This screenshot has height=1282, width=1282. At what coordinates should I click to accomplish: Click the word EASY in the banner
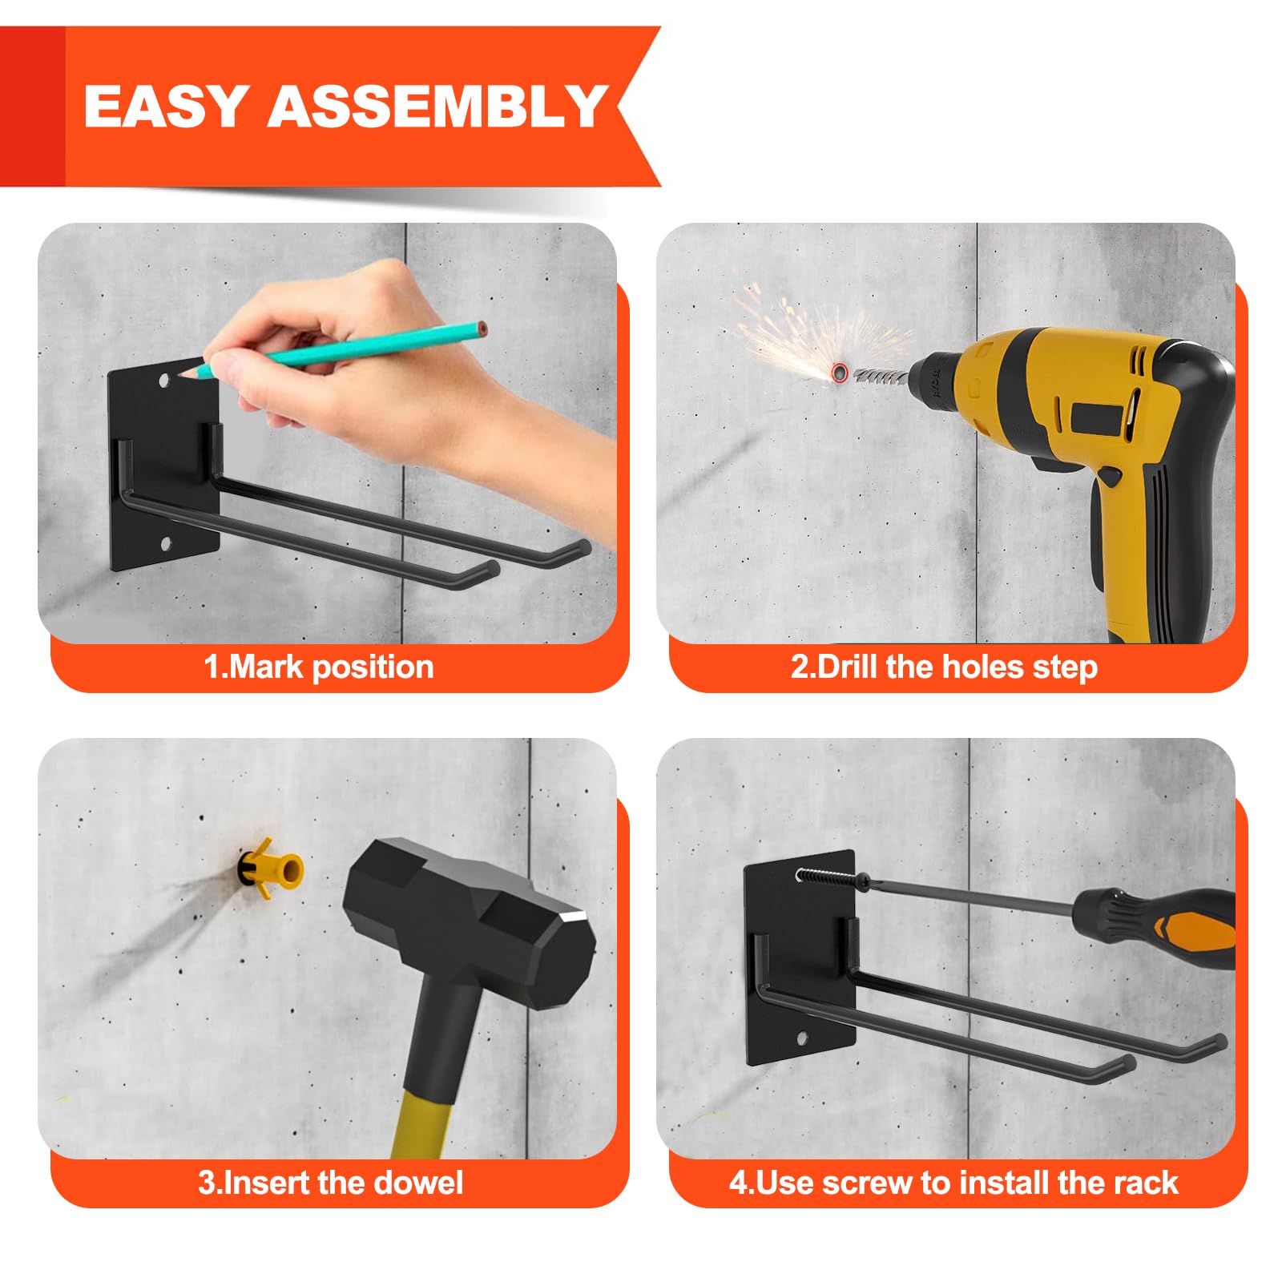[x=164, y=106]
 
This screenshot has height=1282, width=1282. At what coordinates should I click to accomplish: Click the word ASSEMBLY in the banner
[x=437, y=106]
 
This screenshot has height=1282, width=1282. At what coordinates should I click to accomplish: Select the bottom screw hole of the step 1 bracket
[x=167, y=545]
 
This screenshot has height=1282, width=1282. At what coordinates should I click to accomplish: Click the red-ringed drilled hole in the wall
[x=839, y=373]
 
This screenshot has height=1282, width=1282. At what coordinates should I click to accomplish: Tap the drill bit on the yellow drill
[x=880, y=373]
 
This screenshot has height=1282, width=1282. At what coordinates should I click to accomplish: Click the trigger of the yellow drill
[x=1108, y=475]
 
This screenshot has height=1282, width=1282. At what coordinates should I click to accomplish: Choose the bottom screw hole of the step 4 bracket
[x=802, y=1040]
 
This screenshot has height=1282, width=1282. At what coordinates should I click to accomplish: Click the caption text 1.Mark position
[x=319, y=667]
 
